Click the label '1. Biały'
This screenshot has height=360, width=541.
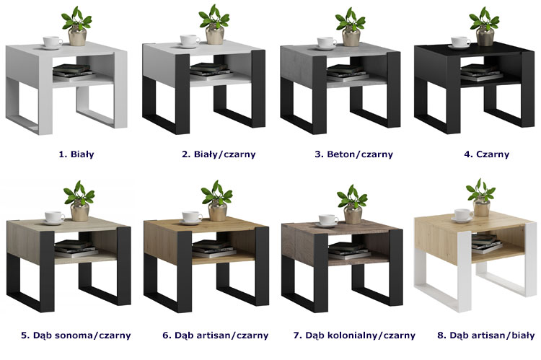[x=76, y=154]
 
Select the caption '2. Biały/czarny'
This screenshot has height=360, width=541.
[x=219, y=154]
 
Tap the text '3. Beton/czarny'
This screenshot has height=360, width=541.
[x=353, y=154]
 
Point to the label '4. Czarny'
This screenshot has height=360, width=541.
[x=486, y=154]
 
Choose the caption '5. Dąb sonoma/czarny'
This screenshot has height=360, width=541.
[x=76, y=335]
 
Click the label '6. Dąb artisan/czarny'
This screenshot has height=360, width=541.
[x=215, y=335]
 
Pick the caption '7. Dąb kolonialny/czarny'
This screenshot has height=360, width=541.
[x=354, y=335]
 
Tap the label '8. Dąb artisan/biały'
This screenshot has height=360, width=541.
[x=485, y=335]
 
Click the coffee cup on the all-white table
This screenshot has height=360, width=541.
[x=53, y=43]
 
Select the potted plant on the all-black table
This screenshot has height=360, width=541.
[x=485, y=27]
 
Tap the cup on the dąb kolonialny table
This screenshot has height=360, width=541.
[x=327, y=221]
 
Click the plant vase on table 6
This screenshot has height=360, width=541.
[x=218, y=211]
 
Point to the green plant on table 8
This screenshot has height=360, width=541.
[x=481, y=190]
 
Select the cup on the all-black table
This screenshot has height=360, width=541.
[x=460, y=43]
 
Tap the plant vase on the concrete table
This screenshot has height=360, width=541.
[x=351, y=36]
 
